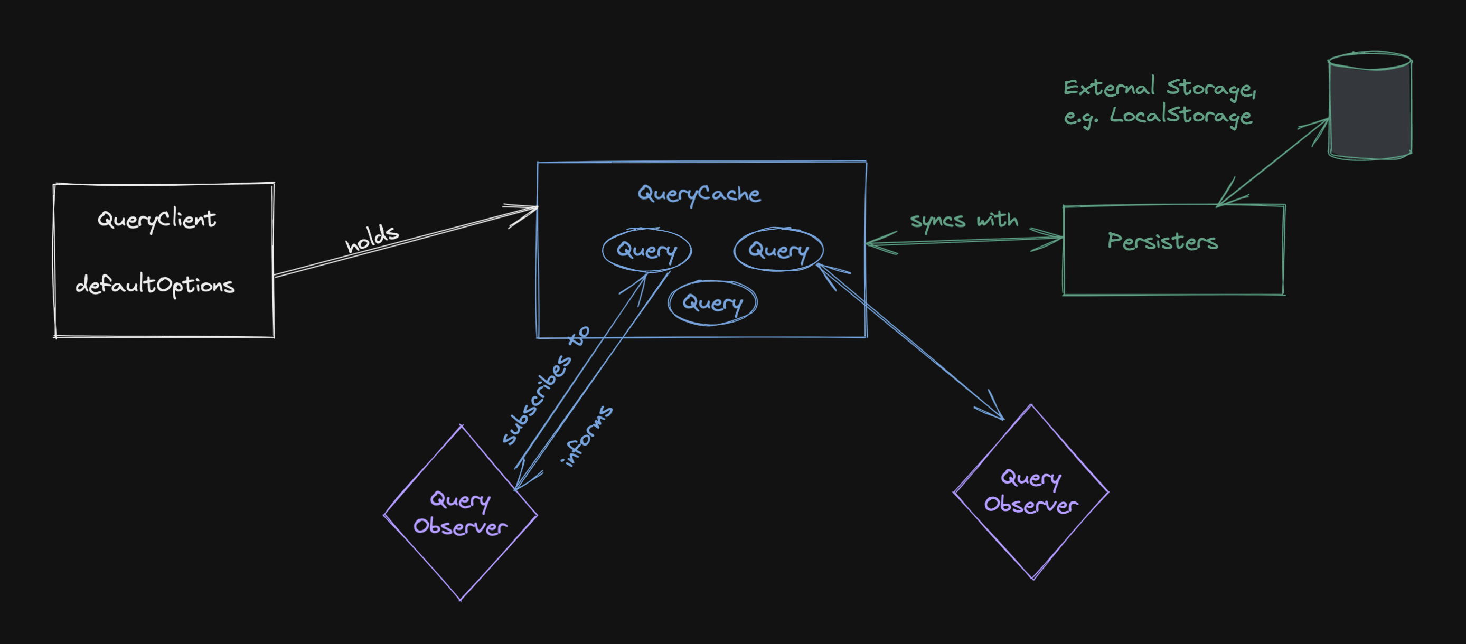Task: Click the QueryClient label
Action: [156, 219]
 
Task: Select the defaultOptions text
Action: [155, 285]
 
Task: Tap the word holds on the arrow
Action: [372, 239]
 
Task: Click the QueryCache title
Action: [699, 194]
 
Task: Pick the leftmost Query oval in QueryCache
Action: [646, 250]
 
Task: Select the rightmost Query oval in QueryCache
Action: [778, 250]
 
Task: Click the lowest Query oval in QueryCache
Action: [712, 302]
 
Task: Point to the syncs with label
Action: [964, 220]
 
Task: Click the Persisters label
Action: [1162, 242]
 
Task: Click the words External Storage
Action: [1159, 88]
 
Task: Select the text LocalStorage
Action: [1180, 115]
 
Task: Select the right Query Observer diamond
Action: [1031, 491]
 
